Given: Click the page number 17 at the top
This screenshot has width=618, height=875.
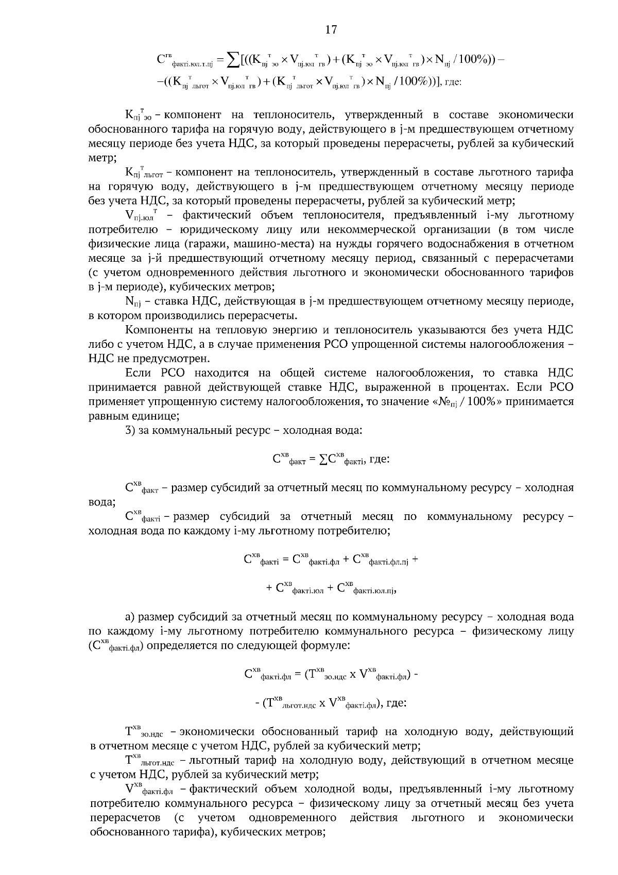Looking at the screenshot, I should [331, 30].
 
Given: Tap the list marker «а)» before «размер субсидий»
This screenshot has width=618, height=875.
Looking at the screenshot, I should [131, 617].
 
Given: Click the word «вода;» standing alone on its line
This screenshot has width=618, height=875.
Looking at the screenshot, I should [102, 502].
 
